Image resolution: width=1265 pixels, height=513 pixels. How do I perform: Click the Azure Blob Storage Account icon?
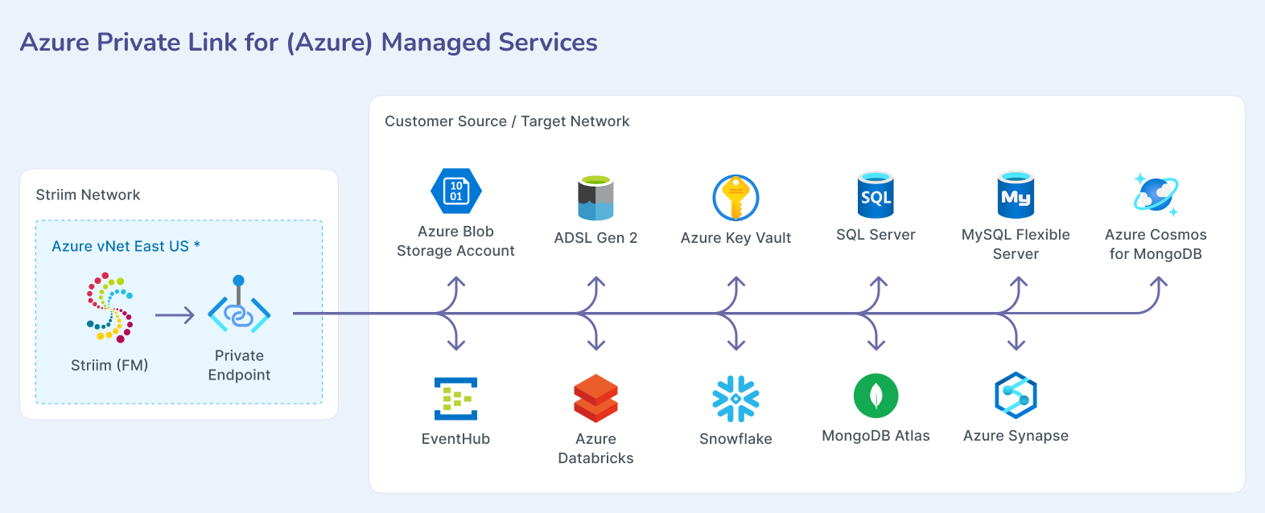tap(456, 191)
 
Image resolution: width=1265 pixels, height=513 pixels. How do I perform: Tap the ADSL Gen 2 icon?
tap(595, 198)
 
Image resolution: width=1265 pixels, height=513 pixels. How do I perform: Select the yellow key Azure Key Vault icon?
tap(736, 198)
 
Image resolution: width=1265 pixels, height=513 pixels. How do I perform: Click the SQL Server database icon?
tap(876, 195)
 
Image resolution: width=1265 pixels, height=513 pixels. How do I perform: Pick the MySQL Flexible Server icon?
tap(1016, 195)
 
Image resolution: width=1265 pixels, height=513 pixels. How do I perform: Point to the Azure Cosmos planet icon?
tap(1156, 195)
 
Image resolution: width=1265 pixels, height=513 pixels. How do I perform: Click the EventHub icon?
tap(455, 399)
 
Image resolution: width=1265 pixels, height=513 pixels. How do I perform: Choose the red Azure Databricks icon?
tap(595, 399)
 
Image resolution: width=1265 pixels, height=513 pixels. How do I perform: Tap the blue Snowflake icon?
tap(736, 399)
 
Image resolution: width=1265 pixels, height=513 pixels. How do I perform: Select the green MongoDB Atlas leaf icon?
tap(876, 396)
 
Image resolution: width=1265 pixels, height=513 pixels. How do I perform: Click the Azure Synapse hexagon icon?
tap(1016, 396)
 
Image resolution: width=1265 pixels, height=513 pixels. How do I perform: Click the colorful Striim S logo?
tap(109, 307)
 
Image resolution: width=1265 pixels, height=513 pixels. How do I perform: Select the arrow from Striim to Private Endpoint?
tap(175, 315)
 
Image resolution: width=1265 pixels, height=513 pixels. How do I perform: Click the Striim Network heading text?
tap(88, 195)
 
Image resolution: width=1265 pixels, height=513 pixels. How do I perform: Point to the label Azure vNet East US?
tap(120, 247)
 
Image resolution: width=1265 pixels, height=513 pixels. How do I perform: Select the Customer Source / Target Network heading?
tap(507, 121)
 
